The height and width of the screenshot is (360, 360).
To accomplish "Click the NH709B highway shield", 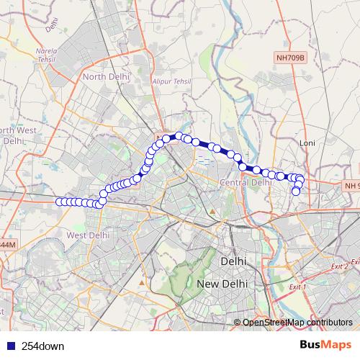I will (x=290, y=55).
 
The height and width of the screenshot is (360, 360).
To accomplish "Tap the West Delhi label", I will (x=87, y=235).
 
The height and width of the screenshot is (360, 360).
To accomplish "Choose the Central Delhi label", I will (x=244, y=182).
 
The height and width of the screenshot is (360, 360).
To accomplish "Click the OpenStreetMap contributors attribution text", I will (x=297, y=322).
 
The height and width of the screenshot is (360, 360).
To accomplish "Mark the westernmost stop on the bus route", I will (x=59, y=202).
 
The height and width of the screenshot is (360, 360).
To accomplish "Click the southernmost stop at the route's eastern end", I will (x=296, y=191).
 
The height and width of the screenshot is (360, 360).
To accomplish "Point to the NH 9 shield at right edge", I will (x=351, y=186).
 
